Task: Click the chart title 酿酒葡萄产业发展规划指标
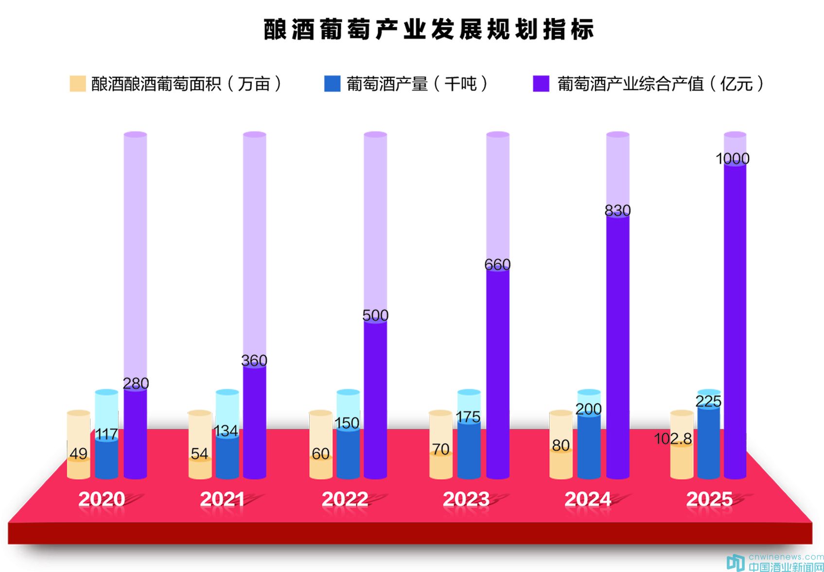pos(429,30)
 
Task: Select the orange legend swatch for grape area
pos(78,84)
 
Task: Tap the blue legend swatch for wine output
pos(332,84)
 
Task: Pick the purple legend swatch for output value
pos(541,84)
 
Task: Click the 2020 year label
pos(102,499)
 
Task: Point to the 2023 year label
pos(466,499)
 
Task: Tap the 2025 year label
pos(709,499)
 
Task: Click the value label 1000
pos(733,158)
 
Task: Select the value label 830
pos(617,210)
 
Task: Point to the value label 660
pos(497,264)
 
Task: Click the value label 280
pos(136,383)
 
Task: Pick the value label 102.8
pos(673,439)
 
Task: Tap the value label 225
pos(708,401)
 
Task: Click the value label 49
pos(78,453)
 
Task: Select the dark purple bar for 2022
pos(375,399)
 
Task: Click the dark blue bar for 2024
pos(589,447)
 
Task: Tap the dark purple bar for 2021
pos(255,423)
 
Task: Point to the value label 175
pos(468,416)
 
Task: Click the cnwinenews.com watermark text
pos(786,557)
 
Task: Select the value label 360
pos(254,360)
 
